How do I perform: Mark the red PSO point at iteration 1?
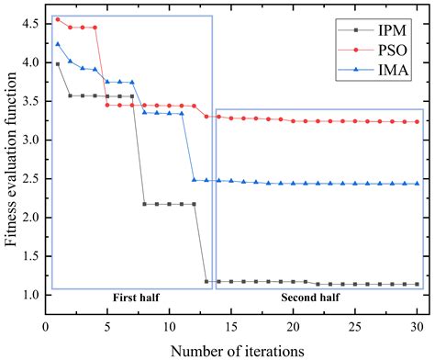tap(58, 19)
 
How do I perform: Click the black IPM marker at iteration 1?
tap(58, 64)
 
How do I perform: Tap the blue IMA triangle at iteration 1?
tap(58, 44)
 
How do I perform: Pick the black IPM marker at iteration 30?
tap(417, 285)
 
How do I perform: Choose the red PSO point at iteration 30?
tap(417, 121)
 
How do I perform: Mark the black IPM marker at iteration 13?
tap(206, 281)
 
